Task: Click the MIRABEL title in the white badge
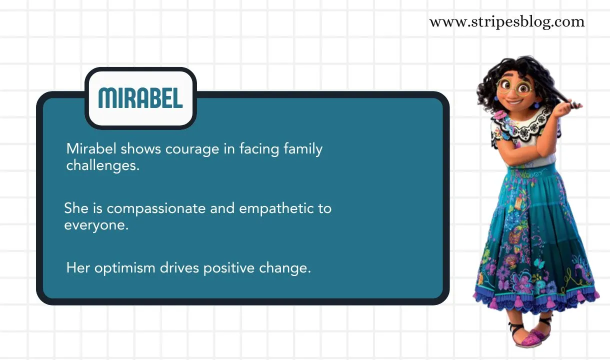pyautogui.click(x=140, y=98)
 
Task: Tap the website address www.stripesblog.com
pyautogui.click(x=506, y=22)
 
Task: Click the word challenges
pyautogui.click(x=102, y=165)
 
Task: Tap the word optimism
pyautogui.click(x=125, y=268)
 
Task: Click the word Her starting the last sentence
pyautogui.click(x=78, y=268)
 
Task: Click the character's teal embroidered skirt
pyautogui.click(x=535, y=240)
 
